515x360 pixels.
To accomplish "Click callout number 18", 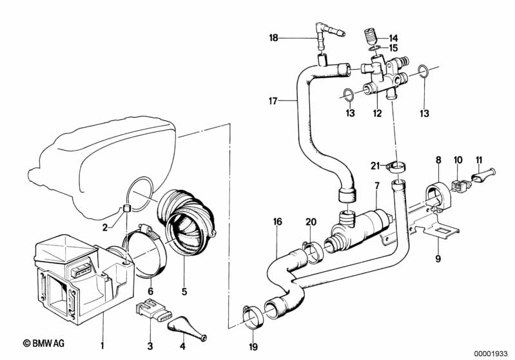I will pyautogui.click(x=274, y=38).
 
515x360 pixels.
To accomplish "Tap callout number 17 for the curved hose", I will pyautogui.click(x=273, y=100).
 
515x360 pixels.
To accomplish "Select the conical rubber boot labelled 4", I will pyautogui.click(x=186, y=318).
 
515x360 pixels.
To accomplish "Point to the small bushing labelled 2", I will pyautogui.click(x=126, y=207).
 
